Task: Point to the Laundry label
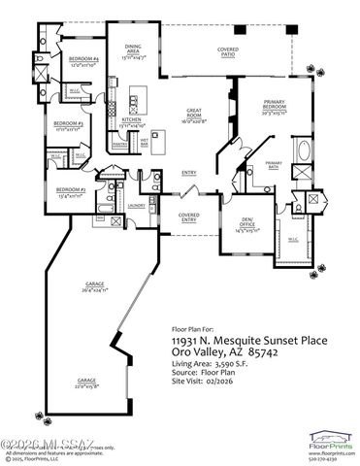tap(135, 206)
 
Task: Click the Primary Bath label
tap(274, 164)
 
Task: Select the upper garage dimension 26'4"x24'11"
tap(94, 290)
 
